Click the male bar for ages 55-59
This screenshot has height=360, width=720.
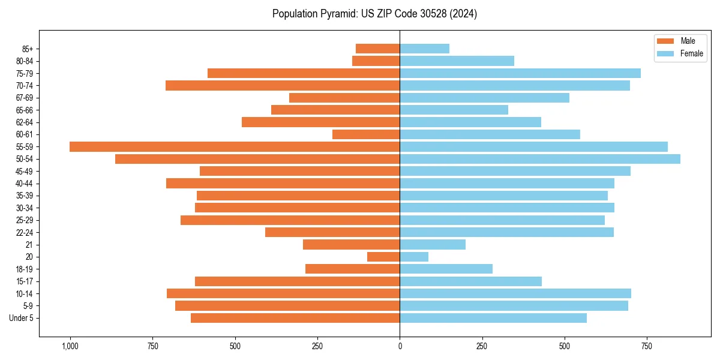235,147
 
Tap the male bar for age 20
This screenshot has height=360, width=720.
383,257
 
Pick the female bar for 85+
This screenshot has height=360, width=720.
424,49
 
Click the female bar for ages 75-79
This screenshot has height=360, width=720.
520,73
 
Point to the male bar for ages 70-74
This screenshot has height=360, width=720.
283,86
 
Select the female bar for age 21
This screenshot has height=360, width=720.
433,245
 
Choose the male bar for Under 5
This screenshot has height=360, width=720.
295,318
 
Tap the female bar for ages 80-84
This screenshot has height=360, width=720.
457,61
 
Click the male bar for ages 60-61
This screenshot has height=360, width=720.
366,134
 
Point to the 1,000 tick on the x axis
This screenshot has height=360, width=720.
70,347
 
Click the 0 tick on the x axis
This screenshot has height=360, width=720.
400,347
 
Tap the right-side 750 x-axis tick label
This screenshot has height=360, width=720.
646,347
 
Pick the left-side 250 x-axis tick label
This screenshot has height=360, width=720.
317,347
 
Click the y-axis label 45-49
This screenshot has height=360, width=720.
24,172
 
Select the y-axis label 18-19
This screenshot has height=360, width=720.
24,269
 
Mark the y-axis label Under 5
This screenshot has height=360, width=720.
22,318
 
